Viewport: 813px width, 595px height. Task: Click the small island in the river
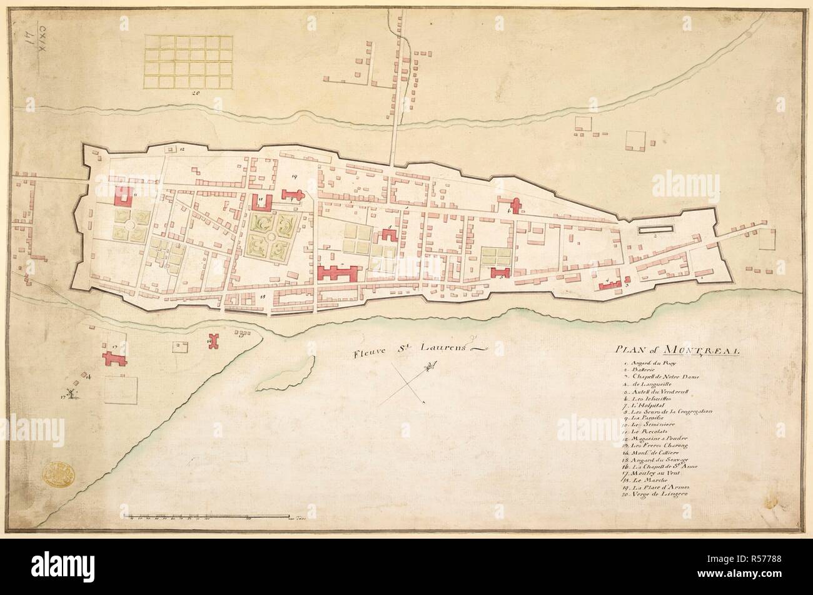point(302,371)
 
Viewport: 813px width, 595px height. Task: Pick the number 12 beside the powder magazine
point(182,150)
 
